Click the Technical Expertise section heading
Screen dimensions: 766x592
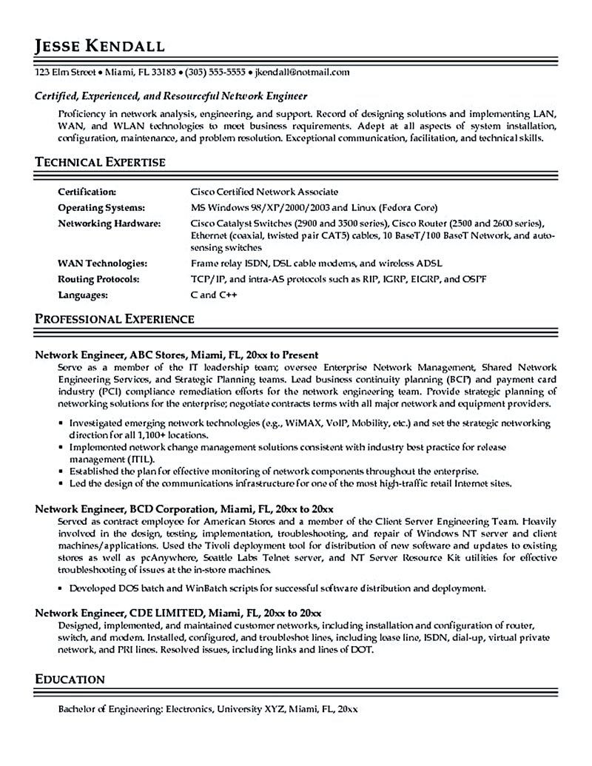point(101,161)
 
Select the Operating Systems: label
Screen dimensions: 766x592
point(101,207)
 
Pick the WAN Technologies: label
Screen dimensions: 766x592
point(102,263)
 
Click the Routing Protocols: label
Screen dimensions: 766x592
point(100,278)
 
